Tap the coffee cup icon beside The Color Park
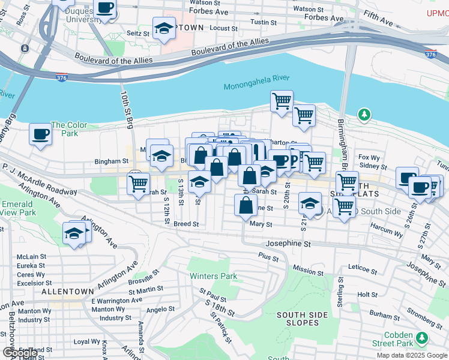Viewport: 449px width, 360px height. [40, 134]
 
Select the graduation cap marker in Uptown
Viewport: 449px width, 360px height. [163, 28]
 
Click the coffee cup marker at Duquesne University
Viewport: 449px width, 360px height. [105, 8]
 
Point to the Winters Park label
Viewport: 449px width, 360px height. [213, 277]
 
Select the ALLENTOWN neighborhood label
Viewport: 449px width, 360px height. [65, 291]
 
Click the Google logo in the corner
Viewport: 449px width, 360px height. [19, 353]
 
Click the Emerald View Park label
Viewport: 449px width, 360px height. [18, 208]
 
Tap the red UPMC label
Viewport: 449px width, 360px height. [438, 13]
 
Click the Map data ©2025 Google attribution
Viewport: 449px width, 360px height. [412, 355]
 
